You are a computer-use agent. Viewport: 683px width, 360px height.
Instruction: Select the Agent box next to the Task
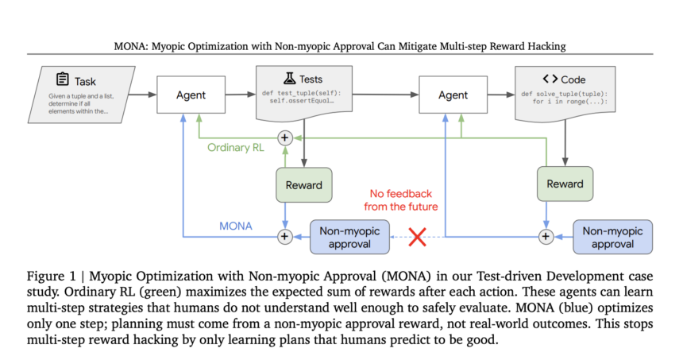(190, 95)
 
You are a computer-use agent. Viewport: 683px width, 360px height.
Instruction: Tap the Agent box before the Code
(453, 95)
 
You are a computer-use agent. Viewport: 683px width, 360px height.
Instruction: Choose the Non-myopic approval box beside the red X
(349, 237)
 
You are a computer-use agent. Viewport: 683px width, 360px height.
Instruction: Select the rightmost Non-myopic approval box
(612, 237)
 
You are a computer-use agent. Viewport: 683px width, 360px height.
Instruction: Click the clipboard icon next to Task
(63, 80)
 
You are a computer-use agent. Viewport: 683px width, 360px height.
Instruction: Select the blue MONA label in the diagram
(237, 226)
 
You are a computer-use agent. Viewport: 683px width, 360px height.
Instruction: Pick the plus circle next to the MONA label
(284, 236)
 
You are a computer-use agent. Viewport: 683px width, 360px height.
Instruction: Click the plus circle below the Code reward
(546, 236)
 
